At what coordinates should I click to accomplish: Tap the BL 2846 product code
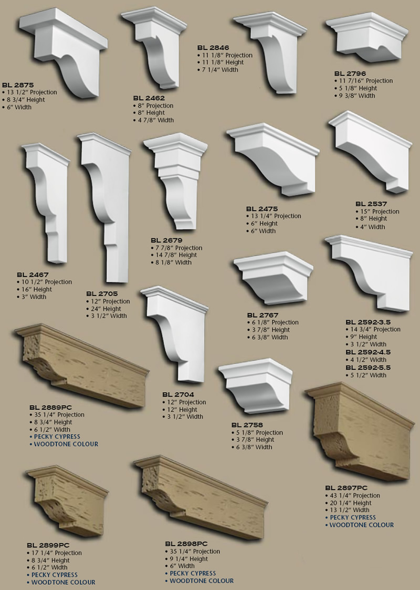coord(213,47)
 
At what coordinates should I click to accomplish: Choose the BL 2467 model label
coord(32,275)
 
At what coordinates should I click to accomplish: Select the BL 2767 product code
coord(262,314)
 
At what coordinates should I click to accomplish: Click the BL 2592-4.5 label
coord(367,352)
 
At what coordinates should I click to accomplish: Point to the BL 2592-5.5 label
coord(367,368)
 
